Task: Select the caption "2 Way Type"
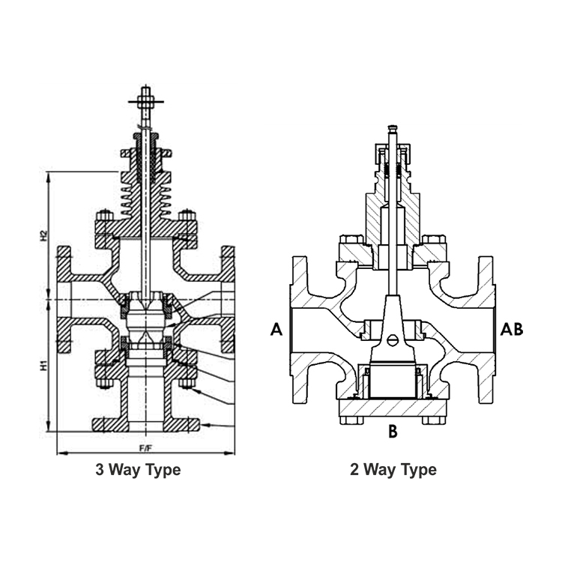pyautogui.click(x=393, y=470)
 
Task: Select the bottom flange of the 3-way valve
pyautogui.click(x=145, y=424)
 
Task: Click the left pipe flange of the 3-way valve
pyautogui.click(x=64, y=300)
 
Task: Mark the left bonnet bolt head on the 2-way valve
pyautogui.click(x=348, y=242)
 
